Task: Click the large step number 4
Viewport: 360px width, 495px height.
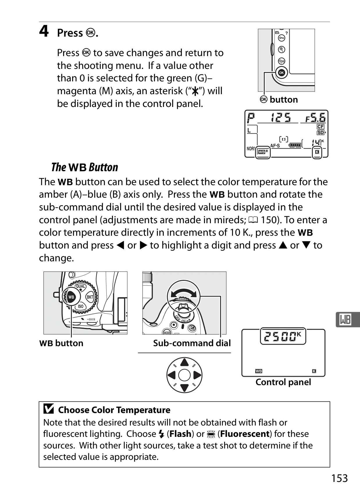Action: tap(44, 31)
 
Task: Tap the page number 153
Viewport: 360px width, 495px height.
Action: tap(339, 478)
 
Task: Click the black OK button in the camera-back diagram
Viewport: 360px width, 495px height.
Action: tap(281, 73)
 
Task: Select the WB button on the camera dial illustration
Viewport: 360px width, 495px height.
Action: tap(71, 297)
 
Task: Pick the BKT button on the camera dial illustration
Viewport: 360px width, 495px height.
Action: tap(90, 297)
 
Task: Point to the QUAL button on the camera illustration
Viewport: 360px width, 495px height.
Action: tap(80, 286)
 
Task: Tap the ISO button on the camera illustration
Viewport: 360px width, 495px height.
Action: tap(81, 306)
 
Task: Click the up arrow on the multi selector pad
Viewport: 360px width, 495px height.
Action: tap(184, 363)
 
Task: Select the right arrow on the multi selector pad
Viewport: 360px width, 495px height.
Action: tap(197, 375)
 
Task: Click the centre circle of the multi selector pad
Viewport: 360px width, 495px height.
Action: tap(184, 375)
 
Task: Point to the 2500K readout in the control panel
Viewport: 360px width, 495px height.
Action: tap(283, 336)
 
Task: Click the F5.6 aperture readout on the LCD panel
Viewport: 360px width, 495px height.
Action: tap(316, 117)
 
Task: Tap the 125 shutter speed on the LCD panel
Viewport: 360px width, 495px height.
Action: tap(281, 117)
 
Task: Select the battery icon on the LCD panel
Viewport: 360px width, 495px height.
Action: tap(295, 145)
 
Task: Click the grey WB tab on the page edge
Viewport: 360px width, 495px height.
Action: tap(347, 319)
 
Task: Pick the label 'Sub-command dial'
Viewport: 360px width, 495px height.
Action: tap(192, 343)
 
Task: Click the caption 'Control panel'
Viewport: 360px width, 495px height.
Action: tap(283, 382)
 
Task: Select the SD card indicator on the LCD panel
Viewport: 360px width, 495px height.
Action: tap(320, 132)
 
